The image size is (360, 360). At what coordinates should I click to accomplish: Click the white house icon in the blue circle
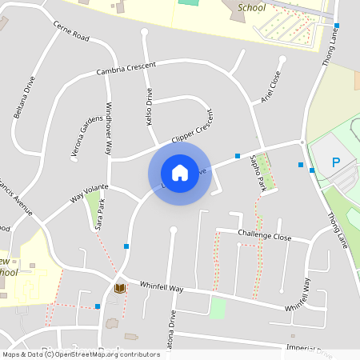pyautogui.click(x=180, y=173)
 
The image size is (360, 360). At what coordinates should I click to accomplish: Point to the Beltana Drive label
pyautogui.click(x=25, y=97)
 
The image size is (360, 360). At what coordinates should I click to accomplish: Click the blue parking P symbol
pyautogui.click(x=336, y=163)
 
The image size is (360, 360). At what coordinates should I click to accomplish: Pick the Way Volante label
pyautogui.click(x=89, y=192)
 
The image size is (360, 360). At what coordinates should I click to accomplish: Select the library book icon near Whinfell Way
pyautogui.click(x=120, y=288)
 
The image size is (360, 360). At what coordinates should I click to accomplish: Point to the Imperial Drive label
pyautogui.click(x=309, y=348)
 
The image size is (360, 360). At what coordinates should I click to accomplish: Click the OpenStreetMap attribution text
pyautogui.click(x=81, y=354)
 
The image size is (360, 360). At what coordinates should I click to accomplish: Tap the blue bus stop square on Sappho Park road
pyautogui.click(x=238, y=155)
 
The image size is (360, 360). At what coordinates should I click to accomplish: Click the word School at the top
pyautogui.click(x=253, y=8)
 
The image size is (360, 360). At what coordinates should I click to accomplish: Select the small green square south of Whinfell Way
pyautogui.click(x=217, y=307)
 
